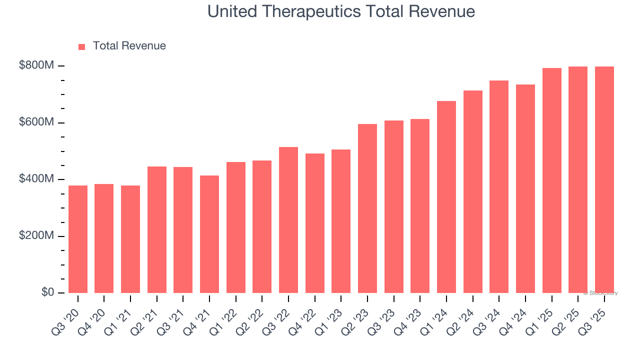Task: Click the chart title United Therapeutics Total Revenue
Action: click(x=341, y=11)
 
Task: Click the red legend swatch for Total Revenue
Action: click(x=82, y=46)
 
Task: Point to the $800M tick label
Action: click(x=37, y=66)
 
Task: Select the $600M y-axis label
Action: click(x=37, y=122)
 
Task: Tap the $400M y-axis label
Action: click(x=37, y=179)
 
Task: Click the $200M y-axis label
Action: click(x=37, y=236)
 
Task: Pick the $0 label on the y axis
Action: click(x=48, y=292)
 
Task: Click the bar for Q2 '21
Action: click(x=157, y=229)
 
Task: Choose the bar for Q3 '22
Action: click(x=288, y=220)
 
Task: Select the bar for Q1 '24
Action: click(x=446, y=197)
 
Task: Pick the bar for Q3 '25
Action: click(x=604, y=179)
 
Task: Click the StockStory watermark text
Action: click(x=600, y=293)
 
